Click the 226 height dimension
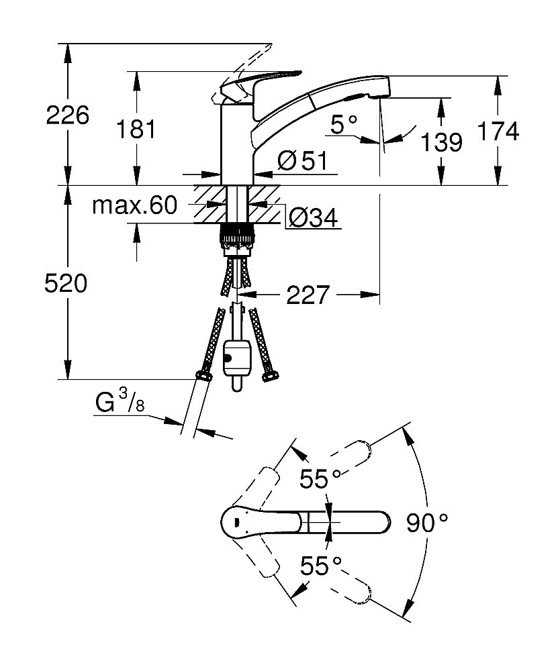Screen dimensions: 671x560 (x=67, y=115)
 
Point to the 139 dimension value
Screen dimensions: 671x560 (x=442, y=142)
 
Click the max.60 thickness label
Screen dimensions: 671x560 (x=135, y=205)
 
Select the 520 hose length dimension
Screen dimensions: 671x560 (x=66, y=284)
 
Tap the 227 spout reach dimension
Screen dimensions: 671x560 (x=308, y=294)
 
